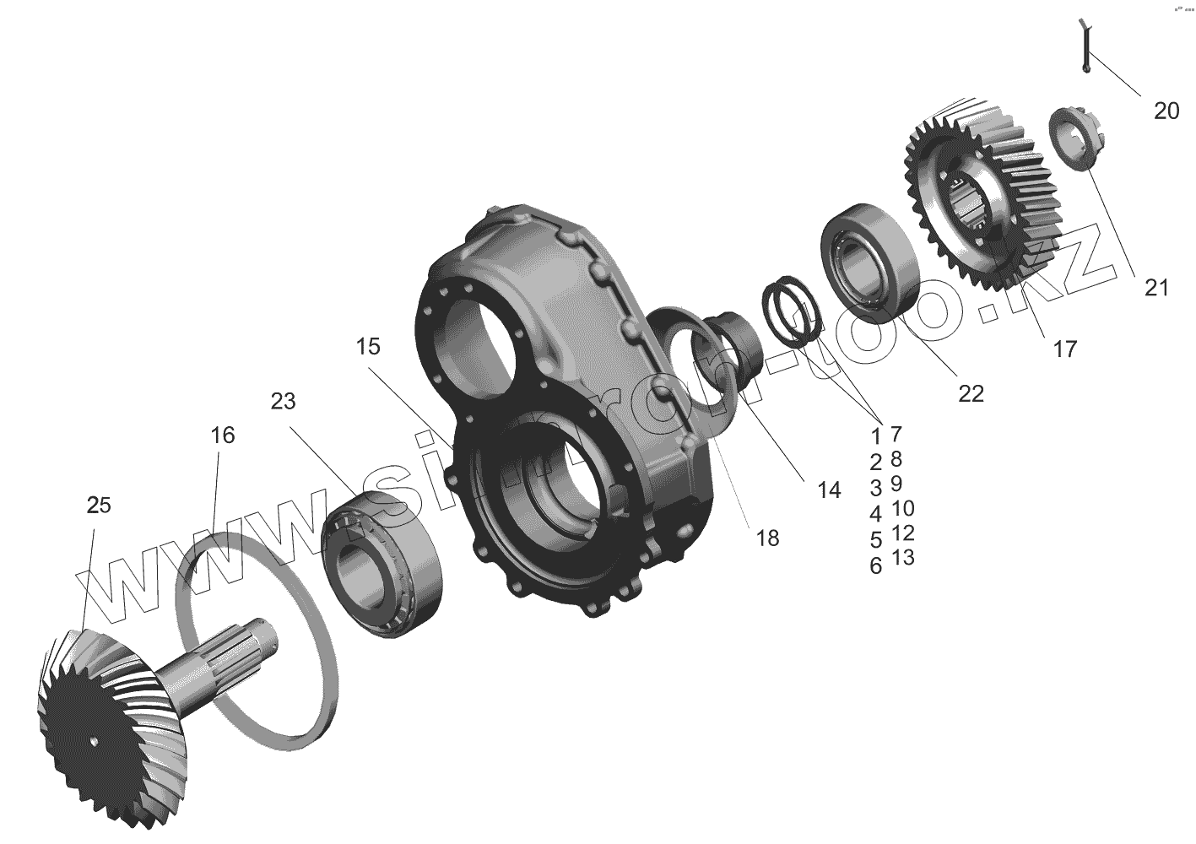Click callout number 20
[x=1166, y=111]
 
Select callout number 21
[x=1156, y=287]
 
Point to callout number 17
[x=1065, y=348]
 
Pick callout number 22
[x=971, y=393]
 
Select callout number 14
[x=829, y=490]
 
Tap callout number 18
[x=767, y=538]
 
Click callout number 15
[x=367, y=347]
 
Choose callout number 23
[x=284, y=401]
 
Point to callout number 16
[x=223, y=436]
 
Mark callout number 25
[x=99, y=505]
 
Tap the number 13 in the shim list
[x=902, y=558]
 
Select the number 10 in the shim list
[x=902, y=508]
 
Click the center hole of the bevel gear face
[x=95, y=743]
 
